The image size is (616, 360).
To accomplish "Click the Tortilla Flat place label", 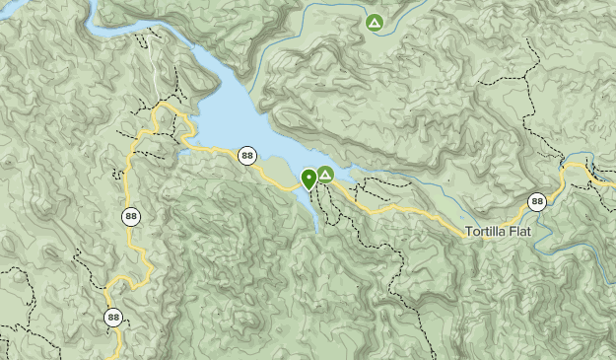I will (505, 230).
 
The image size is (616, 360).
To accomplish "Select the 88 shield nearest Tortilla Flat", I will (536, 202).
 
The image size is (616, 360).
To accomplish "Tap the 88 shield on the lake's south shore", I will (246, 155).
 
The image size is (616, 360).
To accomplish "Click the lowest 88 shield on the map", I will (114, 317).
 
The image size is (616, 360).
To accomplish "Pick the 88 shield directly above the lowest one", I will (131, 216).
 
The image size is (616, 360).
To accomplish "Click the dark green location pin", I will (308, 179).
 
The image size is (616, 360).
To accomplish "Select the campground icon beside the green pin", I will (325, 175).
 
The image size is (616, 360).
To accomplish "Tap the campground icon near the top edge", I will (374, 22).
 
